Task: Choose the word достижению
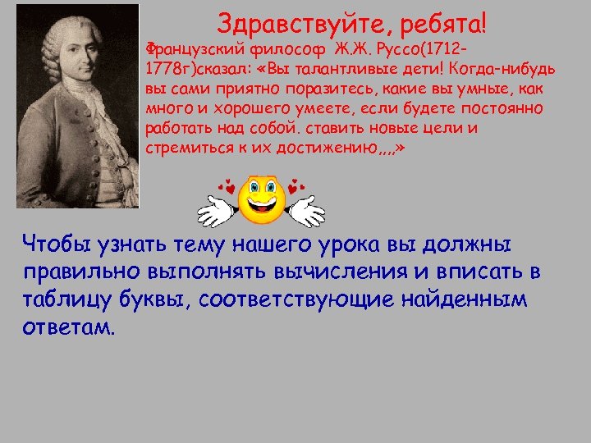point(327,148)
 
